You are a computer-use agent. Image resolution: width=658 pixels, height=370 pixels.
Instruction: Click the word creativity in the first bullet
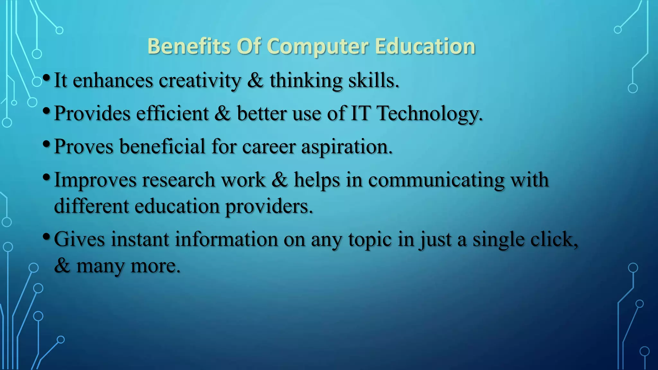pos(200,80)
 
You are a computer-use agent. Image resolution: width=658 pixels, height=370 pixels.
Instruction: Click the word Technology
pos(430,114)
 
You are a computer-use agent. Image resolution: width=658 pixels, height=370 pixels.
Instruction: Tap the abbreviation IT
pos(360,113)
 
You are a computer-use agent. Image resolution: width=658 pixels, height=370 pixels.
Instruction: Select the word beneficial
pos(162,146)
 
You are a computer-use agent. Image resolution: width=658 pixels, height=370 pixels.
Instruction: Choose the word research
pos(178,180)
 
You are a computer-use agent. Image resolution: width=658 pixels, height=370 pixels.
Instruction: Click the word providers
pos(269,207)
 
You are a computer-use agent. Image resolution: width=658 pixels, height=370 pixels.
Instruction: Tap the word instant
pos(140,239)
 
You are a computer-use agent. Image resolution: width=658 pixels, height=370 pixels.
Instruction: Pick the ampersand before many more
pos(62,266)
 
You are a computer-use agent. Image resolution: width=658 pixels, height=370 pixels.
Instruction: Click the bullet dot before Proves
pos(46,144)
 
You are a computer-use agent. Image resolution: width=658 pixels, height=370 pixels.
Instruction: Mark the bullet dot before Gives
pos(46,237)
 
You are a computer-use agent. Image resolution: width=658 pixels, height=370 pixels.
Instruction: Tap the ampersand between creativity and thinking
pos(255,80)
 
